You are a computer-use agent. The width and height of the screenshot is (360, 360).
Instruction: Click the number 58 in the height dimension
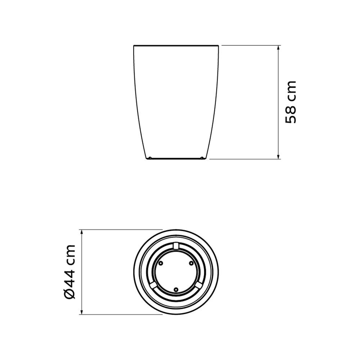point(291,114)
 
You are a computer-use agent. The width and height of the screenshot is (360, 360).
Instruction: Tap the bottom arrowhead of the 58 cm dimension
point(279,156)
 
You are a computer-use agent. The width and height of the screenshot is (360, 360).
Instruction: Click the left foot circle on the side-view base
point(150,158)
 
